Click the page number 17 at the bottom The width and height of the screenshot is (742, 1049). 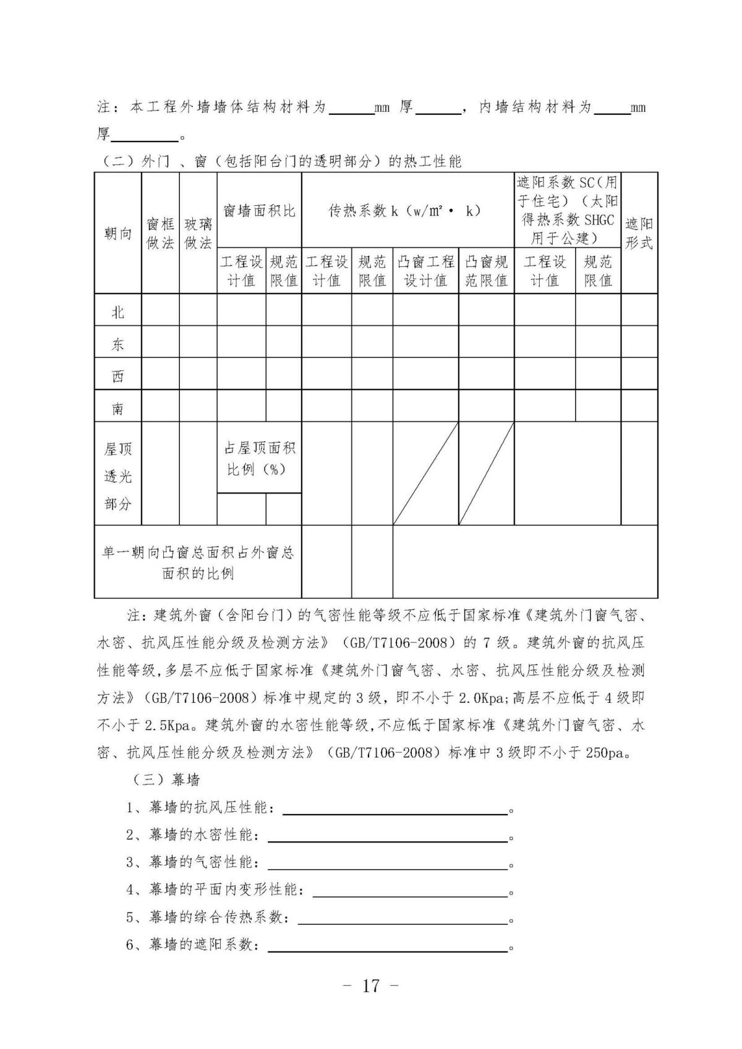(x=370, y=985)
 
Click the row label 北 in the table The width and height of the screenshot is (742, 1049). (x=117, y=312)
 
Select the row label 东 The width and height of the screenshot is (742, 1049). (x=117, y=344)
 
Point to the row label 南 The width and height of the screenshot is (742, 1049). (x=117, y=409)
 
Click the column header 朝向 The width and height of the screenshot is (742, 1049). (x=117, y=233)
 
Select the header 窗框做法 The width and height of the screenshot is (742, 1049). (x=160, y=233)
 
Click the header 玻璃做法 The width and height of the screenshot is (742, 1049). (x=198, y=233)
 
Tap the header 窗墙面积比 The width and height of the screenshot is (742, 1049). (x=259, y=211)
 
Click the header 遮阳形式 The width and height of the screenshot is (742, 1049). (x=639, y=233)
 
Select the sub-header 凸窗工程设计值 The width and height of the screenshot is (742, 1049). (x=425, y=271)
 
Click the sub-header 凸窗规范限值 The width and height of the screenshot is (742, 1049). (x=486, y=271)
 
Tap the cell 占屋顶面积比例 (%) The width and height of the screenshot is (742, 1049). (x=259, y=458)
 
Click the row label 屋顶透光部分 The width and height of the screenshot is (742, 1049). (x=117, y=476)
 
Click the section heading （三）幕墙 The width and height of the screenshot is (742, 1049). (x=166, y=780)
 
